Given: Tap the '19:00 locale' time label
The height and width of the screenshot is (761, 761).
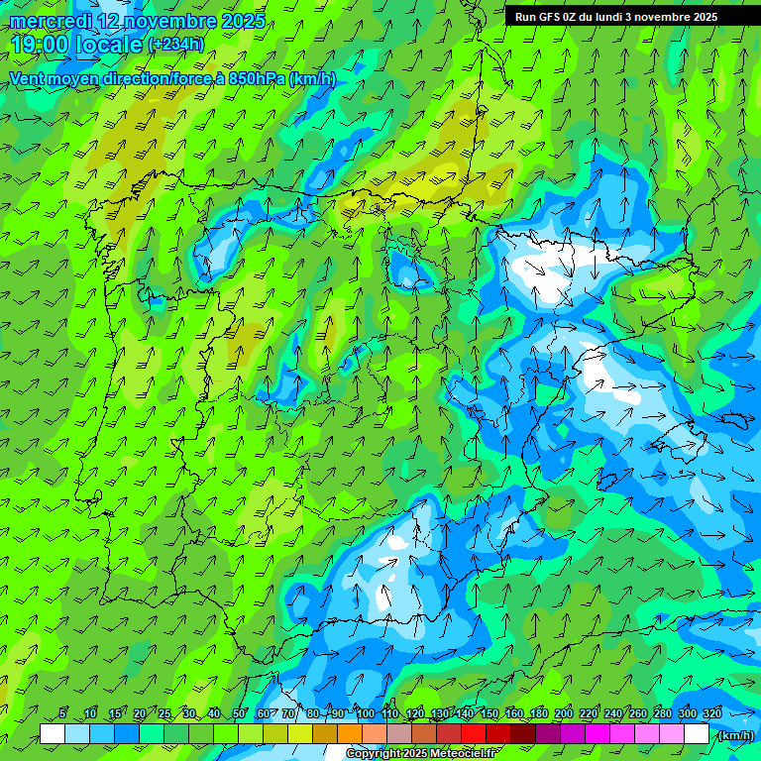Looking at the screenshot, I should (76, 44).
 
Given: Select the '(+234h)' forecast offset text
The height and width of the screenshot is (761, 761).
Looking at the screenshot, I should (175, 44).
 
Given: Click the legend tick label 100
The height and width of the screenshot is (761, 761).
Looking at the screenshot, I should (366, 713).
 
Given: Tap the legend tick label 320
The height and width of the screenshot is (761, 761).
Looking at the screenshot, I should (711, 713).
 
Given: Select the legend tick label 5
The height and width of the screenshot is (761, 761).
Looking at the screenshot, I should (62, 713).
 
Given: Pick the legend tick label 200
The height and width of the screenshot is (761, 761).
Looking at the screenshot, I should (564, 713).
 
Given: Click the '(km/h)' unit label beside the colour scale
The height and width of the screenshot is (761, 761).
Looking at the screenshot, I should (734, 735).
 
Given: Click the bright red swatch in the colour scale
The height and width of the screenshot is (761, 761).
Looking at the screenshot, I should (474, 734).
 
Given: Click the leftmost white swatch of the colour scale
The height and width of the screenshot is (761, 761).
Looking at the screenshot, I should (53, 734).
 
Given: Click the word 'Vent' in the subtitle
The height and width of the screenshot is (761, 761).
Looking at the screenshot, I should (29, 78).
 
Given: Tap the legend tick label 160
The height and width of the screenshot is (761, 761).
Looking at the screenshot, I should (514, 713).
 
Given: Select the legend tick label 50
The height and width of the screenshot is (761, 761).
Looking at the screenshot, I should (239, 713).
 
